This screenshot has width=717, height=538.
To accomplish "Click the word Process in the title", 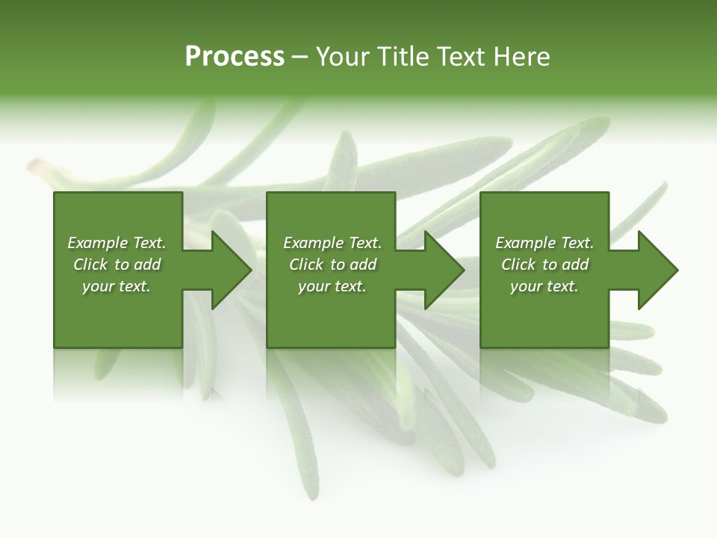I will click(235, 57).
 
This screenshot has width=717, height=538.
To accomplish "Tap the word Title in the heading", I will click(404, 57).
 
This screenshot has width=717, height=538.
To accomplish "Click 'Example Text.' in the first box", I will click(117, 243).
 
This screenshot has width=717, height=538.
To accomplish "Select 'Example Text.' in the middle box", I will click(332, 243).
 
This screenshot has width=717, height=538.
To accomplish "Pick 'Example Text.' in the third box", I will click(544, 243).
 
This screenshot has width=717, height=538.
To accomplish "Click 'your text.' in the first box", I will click(117, 286).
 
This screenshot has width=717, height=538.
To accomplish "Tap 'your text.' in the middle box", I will click(332, 286).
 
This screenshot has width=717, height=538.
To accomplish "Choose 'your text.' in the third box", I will click(544, 286).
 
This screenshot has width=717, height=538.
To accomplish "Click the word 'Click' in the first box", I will click(90, 265).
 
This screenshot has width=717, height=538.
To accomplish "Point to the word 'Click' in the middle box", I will click(306, 265).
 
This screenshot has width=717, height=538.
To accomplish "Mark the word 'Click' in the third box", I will click(518, 265).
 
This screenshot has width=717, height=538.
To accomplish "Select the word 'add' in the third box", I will click(575, 265).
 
